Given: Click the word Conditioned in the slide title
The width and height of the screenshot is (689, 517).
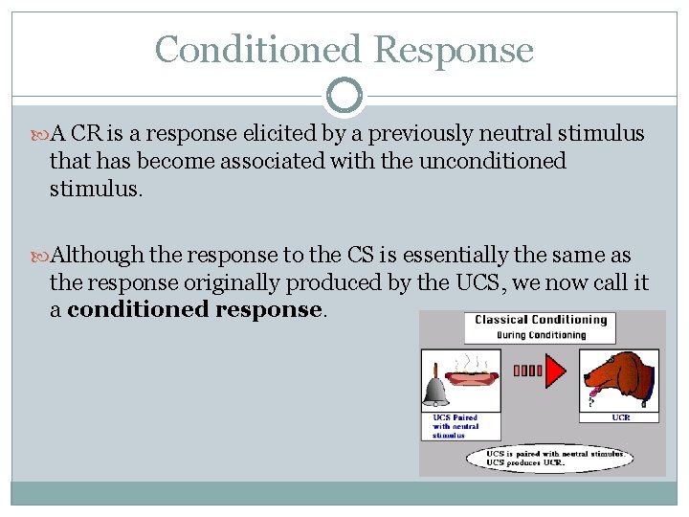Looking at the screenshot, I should (x=257, y=50).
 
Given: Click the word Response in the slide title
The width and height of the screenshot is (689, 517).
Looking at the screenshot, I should (x=454, y=50).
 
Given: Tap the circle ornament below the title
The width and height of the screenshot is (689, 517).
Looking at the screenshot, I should (x=344, y=96).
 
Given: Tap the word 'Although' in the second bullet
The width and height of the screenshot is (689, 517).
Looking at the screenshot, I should (x=97, y=256).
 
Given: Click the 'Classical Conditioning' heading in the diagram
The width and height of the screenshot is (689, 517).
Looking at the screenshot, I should (x=541, y=320).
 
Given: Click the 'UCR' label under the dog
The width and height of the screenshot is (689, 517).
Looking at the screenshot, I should (x=622, y=416).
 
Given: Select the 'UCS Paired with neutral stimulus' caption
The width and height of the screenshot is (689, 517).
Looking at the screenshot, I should (x=456, y=426).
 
